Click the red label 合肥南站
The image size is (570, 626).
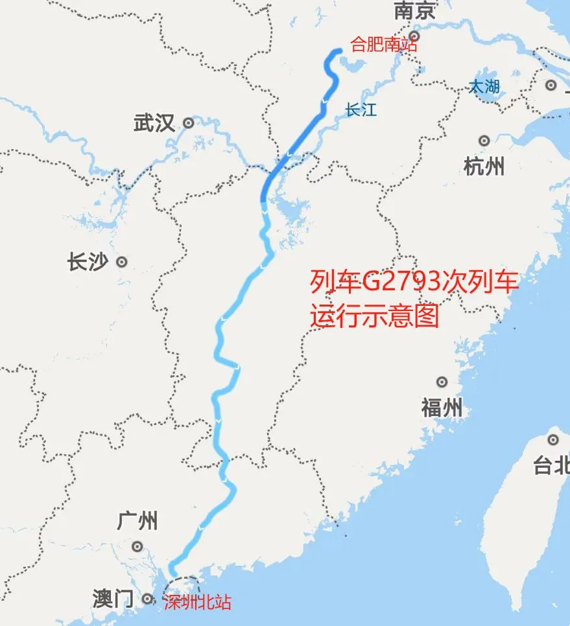click(x=383, y=45)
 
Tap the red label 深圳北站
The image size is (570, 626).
click(x=196, y=602)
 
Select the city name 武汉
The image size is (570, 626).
click(x=154, y=122)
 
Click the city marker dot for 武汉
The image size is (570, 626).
click(x=189, y=122)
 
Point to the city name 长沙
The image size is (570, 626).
click(x=87, y=262)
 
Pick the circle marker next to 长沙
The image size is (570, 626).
click(x=121, y=262)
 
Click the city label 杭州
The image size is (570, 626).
click(x=484, y=167)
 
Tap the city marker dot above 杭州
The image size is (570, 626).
click(x=484, y=141)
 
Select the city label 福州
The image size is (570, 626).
click(x=442, y=408)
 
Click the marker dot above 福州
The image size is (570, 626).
click(x=442, y=382)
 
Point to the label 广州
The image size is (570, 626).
click(x=137, y=520)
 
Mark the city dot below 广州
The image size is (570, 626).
click(x=137, y=547)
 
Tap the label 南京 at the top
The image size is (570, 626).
click(x=416, y=11)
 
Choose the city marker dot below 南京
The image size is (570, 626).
click(x=415, y=36)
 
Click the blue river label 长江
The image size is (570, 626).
click(x=361, y=110)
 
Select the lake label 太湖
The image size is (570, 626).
click(x=485, y=86)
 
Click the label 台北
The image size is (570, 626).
click(x=551, y=465)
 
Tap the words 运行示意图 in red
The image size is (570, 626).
click(x=374, y=316)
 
